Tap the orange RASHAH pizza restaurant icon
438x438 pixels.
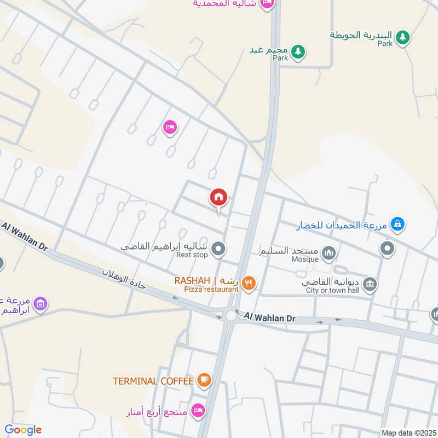pyautogui.click(x=249, y=283)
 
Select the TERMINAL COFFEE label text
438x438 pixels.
pyautogui.click(x=153, y=381)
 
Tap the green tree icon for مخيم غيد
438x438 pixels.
pyautogui.click(x=298, y=51)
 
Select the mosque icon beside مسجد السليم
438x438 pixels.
pyautogui.click(x=328, y=252)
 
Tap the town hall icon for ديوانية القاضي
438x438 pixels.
pyautogui.click(x=371, y=284)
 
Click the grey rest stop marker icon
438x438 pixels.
pyautogui.click(x=218, y=250)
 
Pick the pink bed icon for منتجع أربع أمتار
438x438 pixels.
pyautogui.click(x=198, y=410)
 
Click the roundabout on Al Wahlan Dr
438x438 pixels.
pyautogui.click(x=231, y=315)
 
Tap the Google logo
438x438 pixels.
pyautogui.click(x=23, y=430)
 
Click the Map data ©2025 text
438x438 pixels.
pyautogui.click(x=407, y=433)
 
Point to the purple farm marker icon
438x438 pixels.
pyautogui.click(x=39, y=303)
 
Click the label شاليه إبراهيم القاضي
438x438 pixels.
pyautogui.click(x=164, y=247)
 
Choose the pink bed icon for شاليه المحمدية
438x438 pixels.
pyautogui.click(x=267, y=4)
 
